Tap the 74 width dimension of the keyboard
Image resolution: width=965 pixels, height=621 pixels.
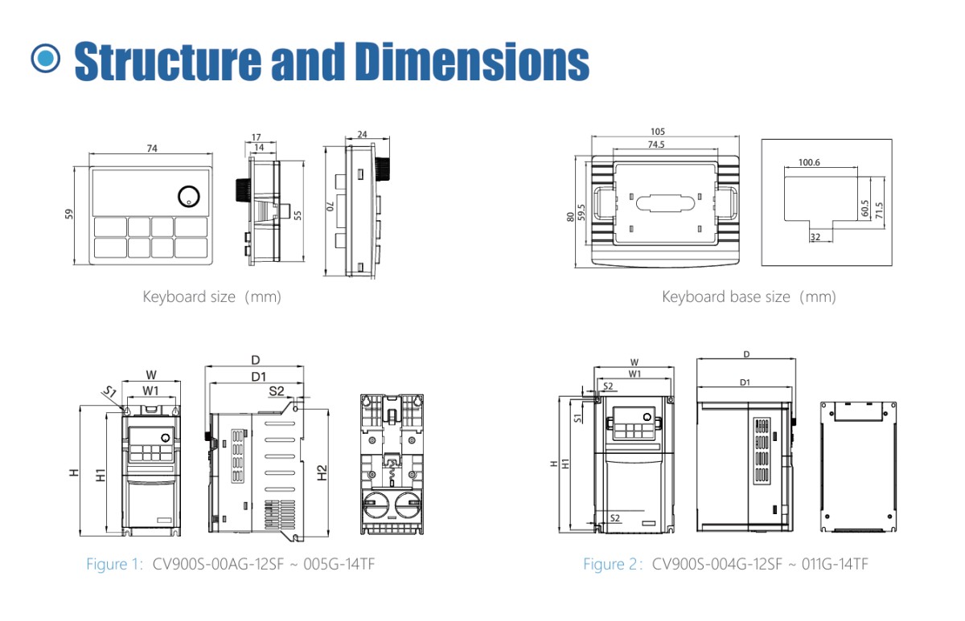[x=152, y=148]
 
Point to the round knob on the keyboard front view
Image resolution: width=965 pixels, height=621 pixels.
[x=189, y=195]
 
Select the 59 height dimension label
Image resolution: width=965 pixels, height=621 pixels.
[x=69, y=214]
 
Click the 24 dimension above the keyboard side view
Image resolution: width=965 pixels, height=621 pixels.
[x=362, y=134]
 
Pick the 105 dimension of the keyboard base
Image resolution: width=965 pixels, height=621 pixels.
[x=659, y=132]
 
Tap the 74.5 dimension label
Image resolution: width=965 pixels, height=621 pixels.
[x=655, y=145]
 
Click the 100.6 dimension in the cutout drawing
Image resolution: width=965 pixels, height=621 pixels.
[x=809, y=162]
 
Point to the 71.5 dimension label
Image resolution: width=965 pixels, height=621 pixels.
[x=879, y=209]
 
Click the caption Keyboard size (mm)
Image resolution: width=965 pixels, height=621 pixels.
[x=212, y=296]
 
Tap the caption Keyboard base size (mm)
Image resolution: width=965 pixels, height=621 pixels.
[x=749, y=296]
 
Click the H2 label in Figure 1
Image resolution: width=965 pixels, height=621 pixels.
[x=322, y=473]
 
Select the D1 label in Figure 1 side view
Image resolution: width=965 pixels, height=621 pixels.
[x=258, y=377]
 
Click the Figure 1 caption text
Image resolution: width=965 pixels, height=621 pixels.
[x=230, y=564]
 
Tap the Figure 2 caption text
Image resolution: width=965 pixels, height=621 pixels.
[x=725, y=564]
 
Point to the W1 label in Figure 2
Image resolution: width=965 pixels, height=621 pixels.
[x=635, y=373]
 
